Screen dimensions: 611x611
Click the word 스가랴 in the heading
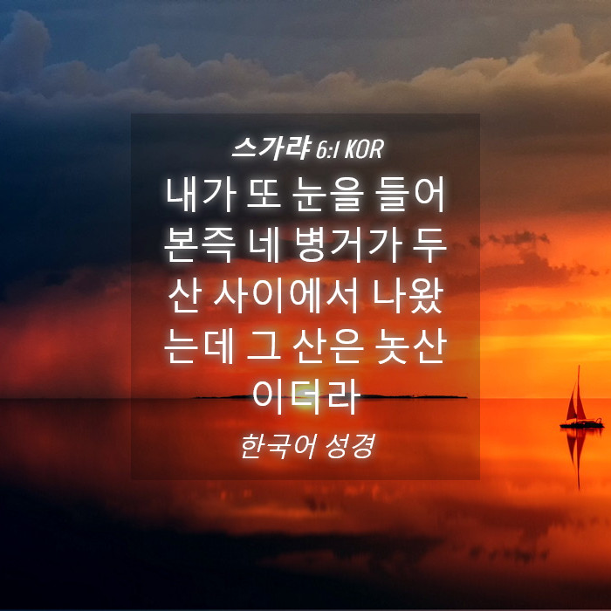[271, 148]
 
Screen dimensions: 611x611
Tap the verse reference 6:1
[327, 149]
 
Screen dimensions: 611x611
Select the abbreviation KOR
[364, 149]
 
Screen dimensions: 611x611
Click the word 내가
[201, 195]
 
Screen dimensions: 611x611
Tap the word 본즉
[200, 245]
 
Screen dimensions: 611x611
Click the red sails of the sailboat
[577, 402]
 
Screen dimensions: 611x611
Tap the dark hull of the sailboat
[582, 424]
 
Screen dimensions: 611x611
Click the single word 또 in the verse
[264, 195]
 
